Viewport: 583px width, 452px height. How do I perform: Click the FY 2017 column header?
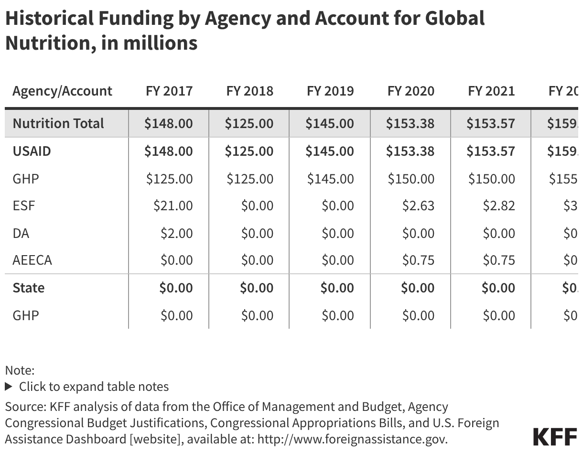[x=169, y=91]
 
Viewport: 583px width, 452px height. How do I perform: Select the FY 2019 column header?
[x=330, y=91]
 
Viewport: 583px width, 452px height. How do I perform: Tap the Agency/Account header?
[x=62, y=91]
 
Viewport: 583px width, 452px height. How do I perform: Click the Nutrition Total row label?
[x=58, y=123]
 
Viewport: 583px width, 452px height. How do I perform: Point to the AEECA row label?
[x=32, y=260]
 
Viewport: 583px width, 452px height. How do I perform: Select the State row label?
[x=28, y=288]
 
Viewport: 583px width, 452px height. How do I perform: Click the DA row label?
[x=21, y=233]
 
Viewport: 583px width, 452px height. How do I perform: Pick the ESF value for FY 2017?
[x=173, y=206]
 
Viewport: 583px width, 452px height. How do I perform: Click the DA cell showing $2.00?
[x=176, y=233]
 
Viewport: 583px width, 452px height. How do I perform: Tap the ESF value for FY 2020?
[x=418, y=206]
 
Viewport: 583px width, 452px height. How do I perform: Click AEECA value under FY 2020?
[x=418, y=260]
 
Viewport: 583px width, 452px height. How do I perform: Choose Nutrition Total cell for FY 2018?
[x=249, y=123]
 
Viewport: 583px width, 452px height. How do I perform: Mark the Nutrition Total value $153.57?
[x=491, y=123]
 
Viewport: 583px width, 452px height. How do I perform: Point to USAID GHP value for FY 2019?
[x=330, y=179]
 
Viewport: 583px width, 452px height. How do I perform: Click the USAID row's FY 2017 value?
[x=169, y=151]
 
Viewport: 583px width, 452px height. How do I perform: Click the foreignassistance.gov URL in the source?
[x=352, y=439]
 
